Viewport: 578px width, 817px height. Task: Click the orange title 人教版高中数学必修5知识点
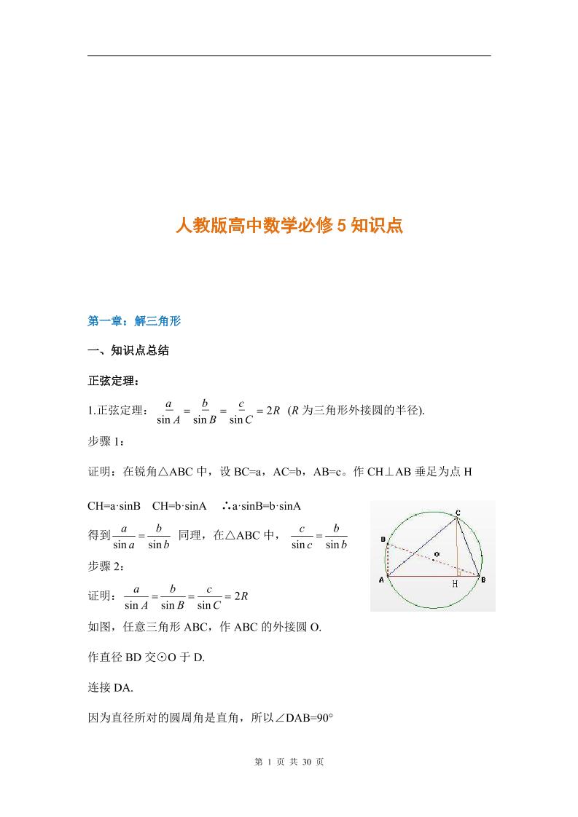point(289,226)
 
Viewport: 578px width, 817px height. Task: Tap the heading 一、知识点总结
point(128,350)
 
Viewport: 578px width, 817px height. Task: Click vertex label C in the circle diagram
point(457,513)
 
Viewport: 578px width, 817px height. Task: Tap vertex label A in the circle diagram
point(381,580)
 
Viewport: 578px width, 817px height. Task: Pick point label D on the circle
point(383,539)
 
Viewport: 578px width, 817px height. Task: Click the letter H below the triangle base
point(456,584)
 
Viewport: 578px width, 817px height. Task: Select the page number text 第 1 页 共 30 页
point(289,762)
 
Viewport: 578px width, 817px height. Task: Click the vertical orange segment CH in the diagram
point(458,546)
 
